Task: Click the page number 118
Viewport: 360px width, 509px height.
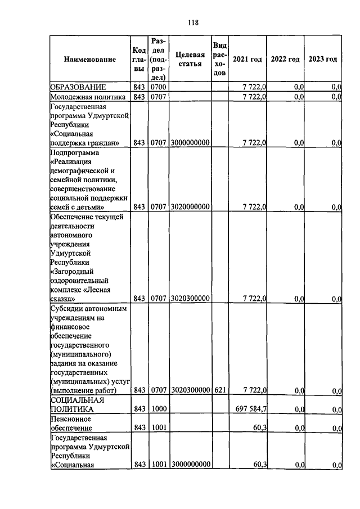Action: point(193,23)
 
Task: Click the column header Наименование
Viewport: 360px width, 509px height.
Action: point(90,59)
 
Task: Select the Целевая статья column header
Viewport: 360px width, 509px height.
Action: point(190,59)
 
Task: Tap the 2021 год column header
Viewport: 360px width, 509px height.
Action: point(247,59)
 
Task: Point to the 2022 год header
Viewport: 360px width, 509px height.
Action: point(285,59)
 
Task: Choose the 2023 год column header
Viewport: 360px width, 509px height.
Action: point(323,59)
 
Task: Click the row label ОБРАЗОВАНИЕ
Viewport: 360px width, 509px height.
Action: point(77,87)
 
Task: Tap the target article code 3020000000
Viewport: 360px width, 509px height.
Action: point(190,206)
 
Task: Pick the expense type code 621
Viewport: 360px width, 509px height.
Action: point(219,390)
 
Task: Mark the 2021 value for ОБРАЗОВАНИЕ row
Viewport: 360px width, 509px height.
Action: point(254,87)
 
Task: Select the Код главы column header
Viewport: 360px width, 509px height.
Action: point(139,59)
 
